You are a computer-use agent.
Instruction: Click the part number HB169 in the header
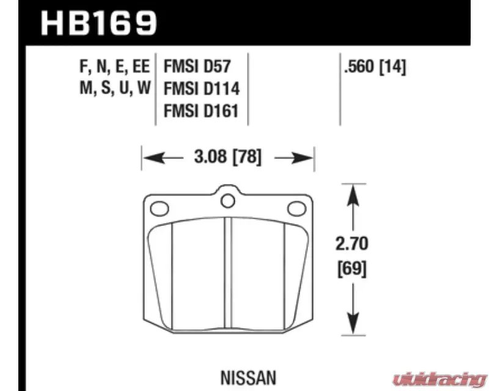[98, 23]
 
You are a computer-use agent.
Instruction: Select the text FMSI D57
[197, 66]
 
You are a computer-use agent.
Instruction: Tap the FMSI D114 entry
[202, 89]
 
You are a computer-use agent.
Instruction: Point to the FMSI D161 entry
[201, 111]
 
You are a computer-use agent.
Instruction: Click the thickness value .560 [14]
[375, 67]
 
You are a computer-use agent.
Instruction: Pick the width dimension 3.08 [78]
[227, 157]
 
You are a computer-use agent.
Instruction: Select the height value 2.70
[352, 244]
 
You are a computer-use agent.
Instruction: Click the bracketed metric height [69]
[352, 269]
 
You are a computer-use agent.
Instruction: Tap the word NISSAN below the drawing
[249, 378]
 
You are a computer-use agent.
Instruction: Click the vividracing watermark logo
[439, 380]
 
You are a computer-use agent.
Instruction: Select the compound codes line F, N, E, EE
[115, 66]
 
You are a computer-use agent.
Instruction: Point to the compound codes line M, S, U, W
[116, 88]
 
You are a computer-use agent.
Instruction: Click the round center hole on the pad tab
[227, 201]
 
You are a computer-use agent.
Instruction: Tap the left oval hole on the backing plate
[160, 208]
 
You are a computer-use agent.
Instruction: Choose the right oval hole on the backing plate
[296, 208]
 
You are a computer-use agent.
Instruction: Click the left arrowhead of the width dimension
[153, 158]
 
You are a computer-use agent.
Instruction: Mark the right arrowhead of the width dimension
[303, 158]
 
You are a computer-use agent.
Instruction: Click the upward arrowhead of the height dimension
[353, 195]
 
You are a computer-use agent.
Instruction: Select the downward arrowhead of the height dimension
[353, 324]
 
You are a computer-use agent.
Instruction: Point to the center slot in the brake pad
[228, 273]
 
